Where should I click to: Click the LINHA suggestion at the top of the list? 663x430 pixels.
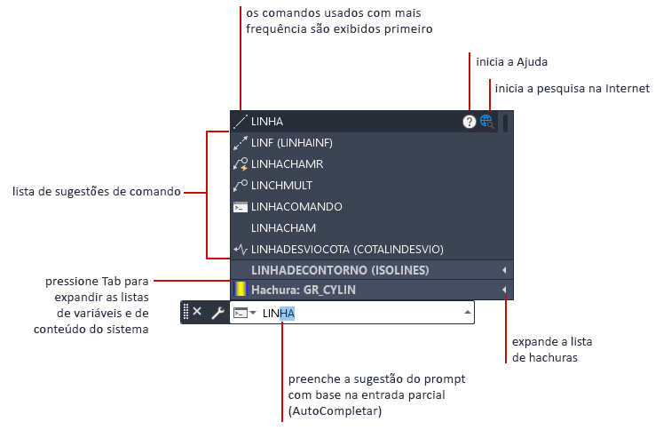tap(267, 122)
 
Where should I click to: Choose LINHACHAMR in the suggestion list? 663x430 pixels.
tap(287, 164)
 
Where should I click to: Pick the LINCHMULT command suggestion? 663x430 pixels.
tap(281, 186)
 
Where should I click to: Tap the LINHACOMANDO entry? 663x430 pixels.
tap(296, 206)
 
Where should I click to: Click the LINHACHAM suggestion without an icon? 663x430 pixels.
tap(283, 227)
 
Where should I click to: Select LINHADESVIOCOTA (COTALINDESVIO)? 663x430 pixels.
tap(346, 249)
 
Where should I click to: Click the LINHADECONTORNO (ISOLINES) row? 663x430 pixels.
tap(341, 269)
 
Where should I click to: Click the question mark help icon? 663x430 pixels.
tap(470, 122)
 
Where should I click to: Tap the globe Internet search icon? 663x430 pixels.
tap(486, 122)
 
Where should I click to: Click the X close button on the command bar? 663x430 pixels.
tap(197, 312)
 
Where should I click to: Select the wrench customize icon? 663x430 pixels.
tap(217, 313)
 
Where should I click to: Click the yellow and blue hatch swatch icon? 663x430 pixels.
tap(240, 290)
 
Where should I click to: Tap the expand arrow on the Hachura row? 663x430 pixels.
tap(504, 290)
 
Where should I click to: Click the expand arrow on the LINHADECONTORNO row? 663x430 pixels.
tap(504, 269)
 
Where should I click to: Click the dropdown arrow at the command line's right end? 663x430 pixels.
tap(467, 313)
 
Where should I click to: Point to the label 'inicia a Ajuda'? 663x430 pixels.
tap(512, 62)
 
